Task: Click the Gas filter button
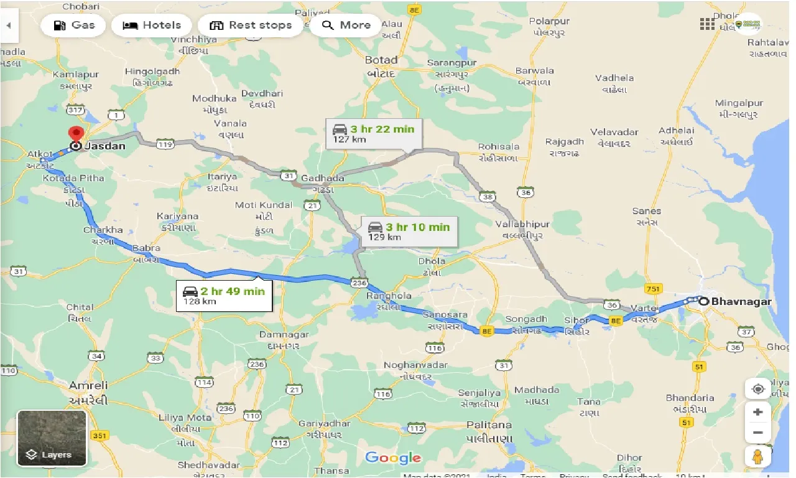(73, 26)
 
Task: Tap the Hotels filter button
(152, 26)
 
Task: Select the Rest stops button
(251, 26)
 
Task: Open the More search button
(346, 26)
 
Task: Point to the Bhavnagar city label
(741, 301)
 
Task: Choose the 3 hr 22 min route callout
(374, 133)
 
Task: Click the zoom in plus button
(757, 411)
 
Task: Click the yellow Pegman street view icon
(757, 456)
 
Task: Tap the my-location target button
(757, 389)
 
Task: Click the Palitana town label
(489, 426)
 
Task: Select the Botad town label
(381, 60)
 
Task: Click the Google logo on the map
(392, 458)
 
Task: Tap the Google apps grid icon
(707, 24)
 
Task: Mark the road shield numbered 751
(653, 288)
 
